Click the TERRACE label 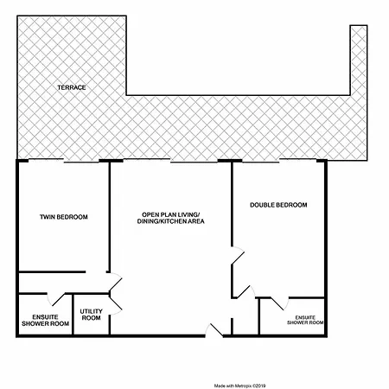(x=72, y=87)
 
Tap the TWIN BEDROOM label (x=64, y=217)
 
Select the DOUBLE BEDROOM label (x=278, y=205)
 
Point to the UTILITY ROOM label (x=91, y=315)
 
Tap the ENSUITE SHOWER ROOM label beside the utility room (x=45, y=320)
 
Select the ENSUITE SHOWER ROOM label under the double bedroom (x=305, y=320)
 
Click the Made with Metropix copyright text (x=239, y=386)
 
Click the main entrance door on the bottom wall (x=214, y=330)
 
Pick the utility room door (x=116, y=304)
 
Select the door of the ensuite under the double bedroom (x=279, y=303)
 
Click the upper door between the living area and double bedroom (x=238, y=255)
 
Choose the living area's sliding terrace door (x=170, y=161)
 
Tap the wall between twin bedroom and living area (x=109, y=217)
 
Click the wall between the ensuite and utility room (x=73, y=314)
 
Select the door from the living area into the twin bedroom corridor (x=116, y=282)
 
